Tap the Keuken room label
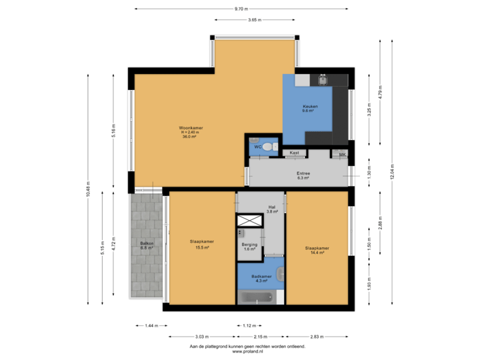click(310, 109)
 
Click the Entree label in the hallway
click(303, 176)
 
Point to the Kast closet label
click(294, 153)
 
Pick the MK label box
click(343, 155)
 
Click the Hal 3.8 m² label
click(272, 209)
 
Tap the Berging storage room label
click(249, 247)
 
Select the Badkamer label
click(261, 278)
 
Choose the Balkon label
click(147, 245)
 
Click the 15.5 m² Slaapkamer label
click(202, 245)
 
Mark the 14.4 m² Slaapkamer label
click(317, 250)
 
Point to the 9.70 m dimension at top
click(241, 9)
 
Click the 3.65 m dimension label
click(254, 20)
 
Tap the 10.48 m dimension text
click(88, 190)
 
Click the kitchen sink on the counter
click(323, 81)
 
